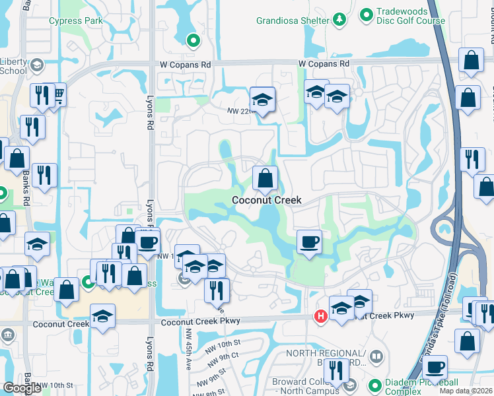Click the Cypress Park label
75,20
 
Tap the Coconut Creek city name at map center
266,200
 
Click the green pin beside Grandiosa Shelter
339,20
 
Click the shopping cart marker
58,95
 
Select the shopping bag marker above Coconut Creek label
265,178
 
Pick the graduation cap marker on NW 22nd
263,100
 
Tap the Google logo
22,388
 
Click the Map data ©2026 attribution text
466,391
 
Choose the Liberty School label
13,65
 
